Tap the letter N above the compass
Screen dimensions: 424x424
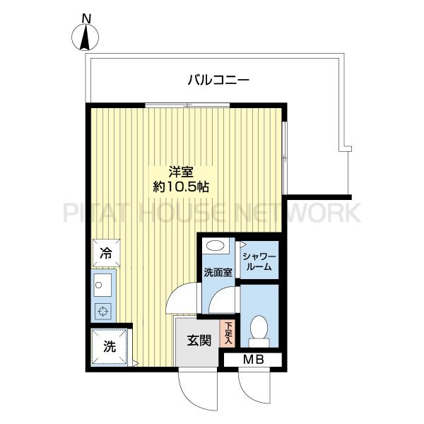click(x=86, y=18)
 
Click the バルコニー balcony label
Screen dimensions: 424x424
click(x=218, y=81)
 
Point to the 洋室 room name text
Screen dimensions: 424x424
click(x=181, y=172)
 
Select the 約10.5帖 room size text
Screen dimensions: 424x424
click(x=181, y=187)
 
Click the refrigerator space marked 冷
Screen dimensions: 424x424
click(x=106, y=253)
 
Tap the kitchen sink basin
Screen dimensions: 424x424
click(x=102, y=285)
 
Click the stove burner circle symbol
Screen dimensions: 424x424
click(x=103, y=311)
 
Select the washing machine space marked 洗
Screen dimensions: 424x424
click(x=110, y=346)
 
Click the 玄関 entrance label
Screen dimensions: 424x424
click(x=199, y=341)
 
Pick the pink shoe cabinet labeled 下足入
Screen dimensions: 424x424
click(x=228, y=334)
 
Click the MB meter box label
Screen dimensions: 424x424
click(x=254, y=360)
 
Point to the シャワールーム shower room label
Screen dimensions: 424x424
click(x=259, y=261)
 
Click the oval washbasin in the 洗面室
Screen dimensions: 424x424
click(x=216, y=246)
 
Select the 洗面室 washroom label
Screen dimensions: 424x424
click(x=218, y=273)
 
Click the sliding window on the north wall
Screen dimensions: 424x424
click(x=187, y=105)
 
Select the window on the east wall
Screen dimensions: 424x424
click(x=283, y=158)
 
